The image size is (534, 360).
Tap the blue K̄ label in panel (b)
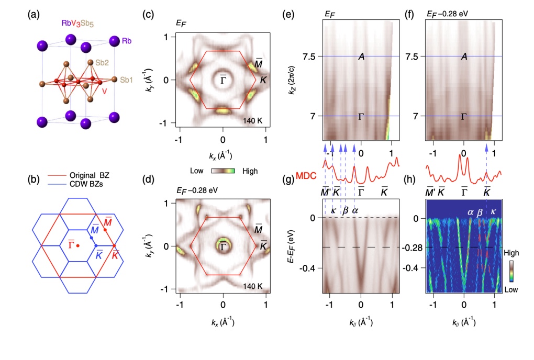[97, 255]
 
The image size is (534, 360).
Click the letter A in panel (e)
[361, 57]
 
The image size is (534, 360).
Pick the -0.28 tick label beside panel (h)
[414, 247]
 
